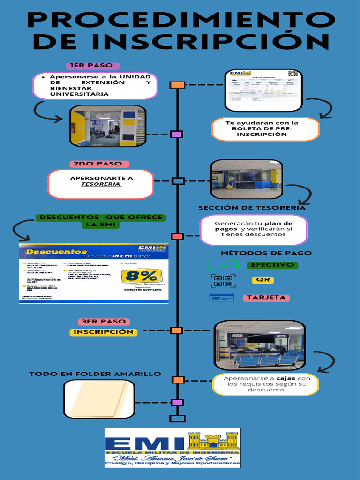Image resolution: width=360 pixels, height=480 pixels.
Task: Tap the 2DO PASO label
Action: (97, 164)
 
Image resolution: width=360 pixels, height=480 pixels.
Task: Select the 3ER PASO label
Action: (104, 322)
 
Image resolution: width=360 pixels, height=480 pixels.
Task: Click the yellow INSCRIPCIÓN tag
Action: (104, 332)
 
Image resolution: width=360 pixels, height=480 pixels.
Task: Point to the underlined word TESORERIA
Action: (101, 184)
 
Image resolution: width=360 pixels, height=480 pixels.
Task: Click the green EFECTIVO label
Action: (272, 265)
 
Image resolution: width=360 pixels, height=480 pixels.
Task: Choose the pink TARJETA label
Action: (266, 298)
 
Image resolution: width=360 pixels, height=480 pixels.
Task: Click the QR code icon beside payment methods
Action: (223, 281)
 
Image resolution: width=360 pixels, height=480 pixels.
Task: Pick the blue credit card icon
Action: (222, 297)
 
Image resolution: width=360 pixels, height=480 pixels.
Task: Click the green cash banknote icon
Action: (223, 265)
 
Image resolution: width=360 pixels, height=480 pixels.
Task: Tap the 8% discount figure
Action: (139, 276)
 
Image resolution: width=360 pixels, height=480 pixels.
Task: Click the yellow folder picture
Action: (99, 399)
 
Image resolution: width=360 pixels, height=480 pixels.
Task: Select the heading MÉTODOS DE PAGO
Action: (266, 253)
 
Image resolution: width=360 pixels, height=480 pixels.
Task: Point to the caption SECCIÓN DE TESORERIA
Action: (252, 208)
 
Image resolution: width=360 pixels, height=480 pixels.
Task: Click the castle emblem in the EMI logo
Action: (213, 441)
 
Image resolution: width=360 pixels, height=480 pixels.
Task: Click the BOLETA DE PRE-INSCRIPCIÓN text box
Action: (265, 129)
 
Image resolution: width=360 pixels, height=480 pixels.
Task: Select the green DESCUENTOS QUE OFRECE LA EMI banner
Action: (101, 221)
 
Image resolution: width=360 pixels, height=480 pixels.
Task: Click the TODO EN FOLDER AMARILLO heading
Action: (95, 374)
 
